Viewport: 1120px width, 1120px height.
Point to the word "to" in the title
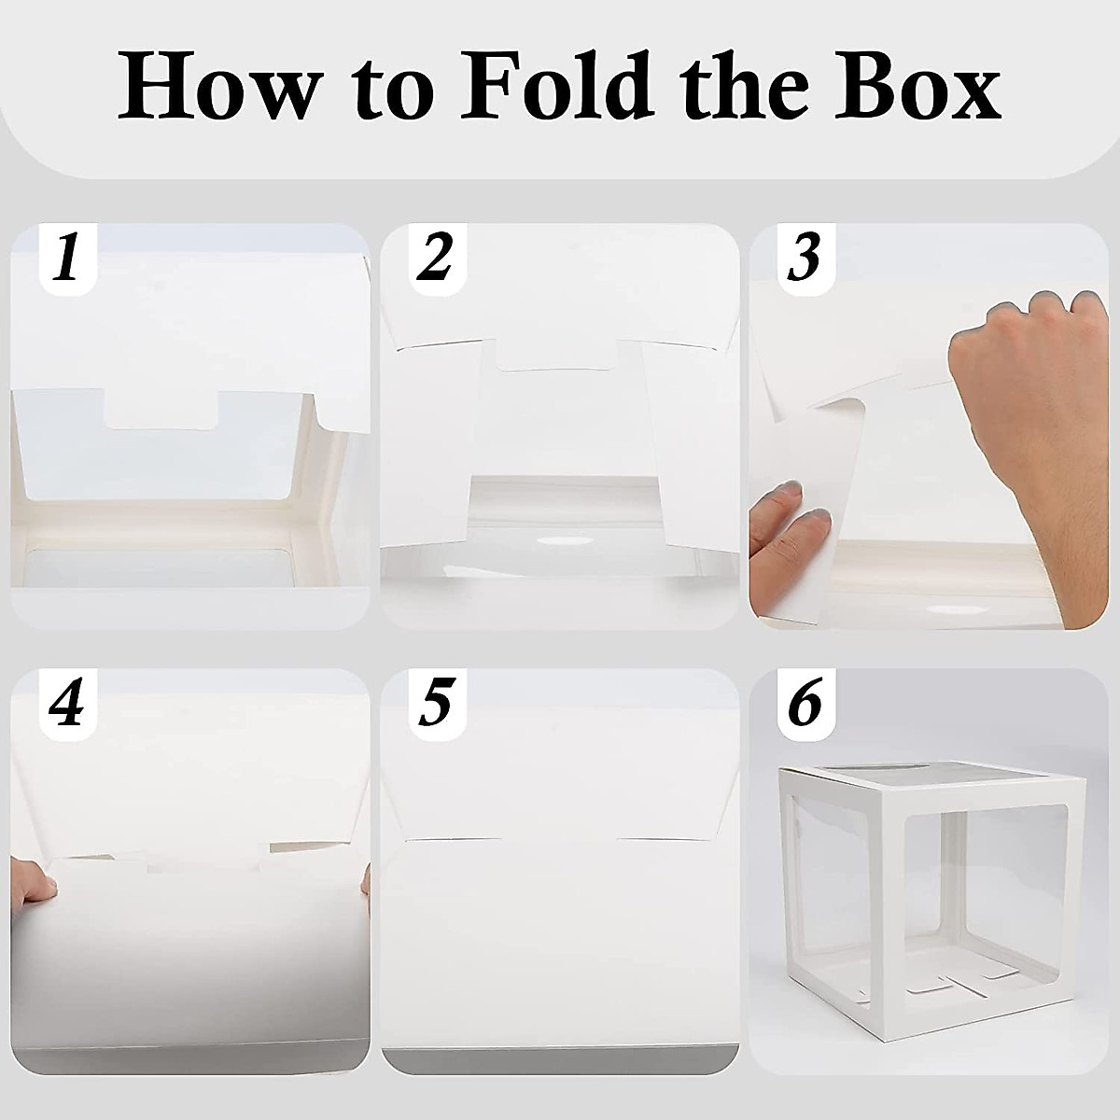click(x=395, y=90)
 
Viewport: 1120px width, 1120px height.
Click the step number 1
click(x=65, y=259)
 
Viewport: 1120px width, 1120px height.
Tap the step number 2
click(x=435, y=259)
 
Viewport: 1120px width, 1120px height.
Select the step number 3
click(x=805, y=259)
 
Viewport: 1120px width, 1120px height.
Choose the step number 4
click(x=65, y=705)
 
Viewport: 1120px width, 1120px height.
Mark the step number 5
click(x=435, y=705)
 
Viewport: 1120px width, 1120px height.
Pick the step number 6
click(x=805, y=705)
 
